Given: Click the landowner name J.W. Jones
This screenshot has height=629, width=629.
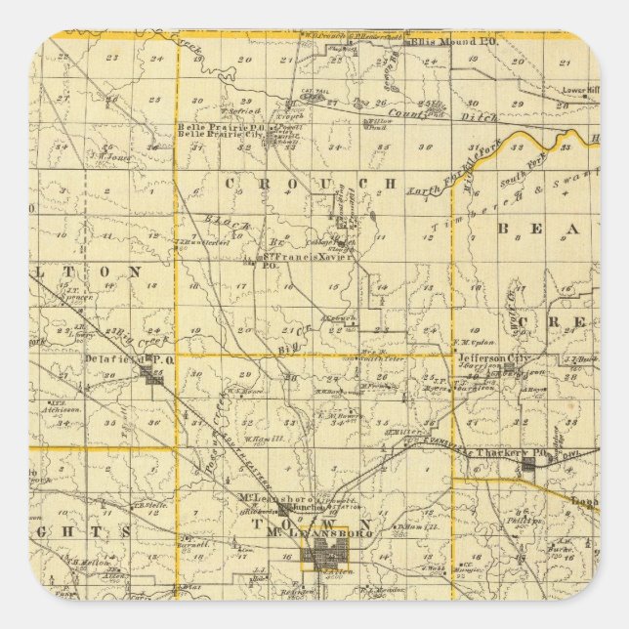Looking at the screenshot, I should click(x=108, y=154).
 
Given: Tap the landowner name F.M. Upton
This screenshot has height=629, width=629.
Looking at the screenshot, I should click(x=469, y=342).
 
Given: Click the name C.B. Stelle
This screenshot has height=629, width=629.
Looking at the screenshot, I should click(x=149, y=505).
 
